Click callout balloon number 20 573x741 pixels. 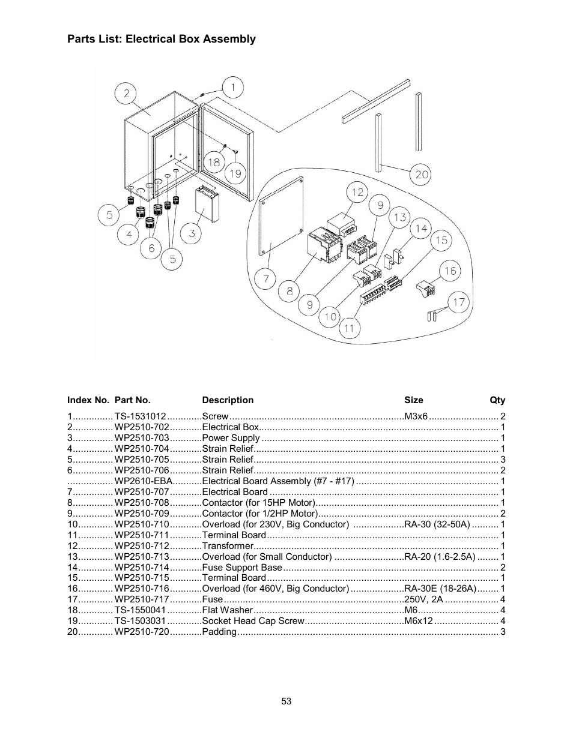pyautogui.click(x=422, y=174)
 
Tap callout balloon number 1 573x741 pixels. pyautogui.click(x=233, y=88)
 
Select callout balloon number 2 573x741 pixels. pyautogui.click(x=126, y=93)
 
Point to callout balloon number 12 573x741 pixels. pyautogui.click(x=358, y=192)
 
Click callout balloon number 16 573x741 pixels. pyautogui.click(x=450, y=271)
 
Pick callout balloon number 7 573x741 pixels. pyautogui.click(x=265, y=278)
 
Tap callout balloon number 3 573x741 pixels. pyautogui.click(x=192, y=233)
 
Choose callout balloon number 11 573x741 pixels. pyautogui.click(x=349, y=328)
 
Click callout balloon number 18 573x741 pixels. pyautogui.click(x=214, y=162)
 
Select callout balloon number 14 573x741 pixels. pyautogui.click(x=421, y=228)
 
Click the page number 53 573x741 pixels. pyautogui.click(x=286, y=701)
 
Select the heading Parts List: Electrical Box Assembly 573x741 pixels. pyautogui.click(x=161, y=39)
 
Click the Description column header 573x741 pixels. pyautogui.click(x=228, y=400)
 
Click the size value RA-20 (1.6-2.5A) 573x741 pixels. pyautogui.click(x=440, y=557)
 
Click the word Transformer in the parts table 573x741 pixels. pyautogui.click(x=228, y=546)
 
